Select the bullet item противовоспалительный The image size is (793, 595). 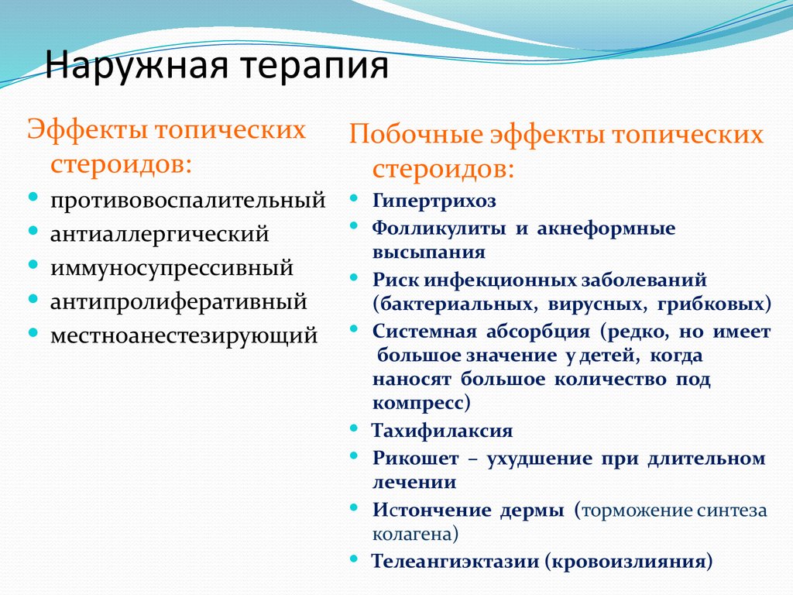pyautogui.click(x=187, y=201)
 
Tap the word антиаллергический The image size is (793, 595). pyautogui.click(x=160, y=234)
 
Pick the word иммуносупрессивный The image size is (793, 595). pyautogui.click(x=171, y=268)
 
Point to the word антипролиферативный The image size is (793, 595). pyautogui.click(x=178, y=301)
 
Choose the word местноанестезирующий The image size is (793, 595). pyautogui.click(x=184, y=335)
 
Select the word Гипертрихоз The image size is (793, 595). pyautogui.click(x=434, y=201)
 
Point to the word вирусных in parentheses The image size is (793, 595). pyautogui.click(x=596, y=303)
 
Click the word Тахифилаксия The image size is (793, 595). pyautogui.click(x=442, y=431)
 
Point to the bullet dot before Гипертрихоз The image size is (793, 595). pyautogui.click(x=354, y=199)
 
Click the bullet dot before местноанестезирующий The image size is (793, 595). pyautogui.click(x=34, y=333)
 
